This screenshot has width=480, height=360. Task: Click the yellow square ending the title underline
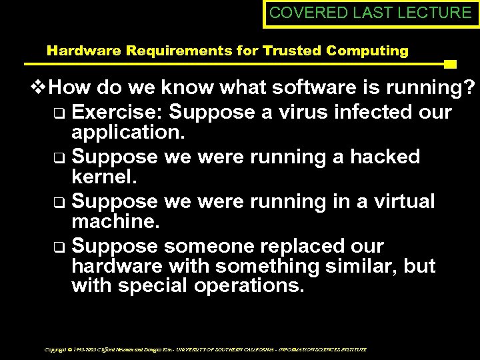(x=450, y=65)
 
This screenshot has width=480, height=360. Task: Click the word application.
(x=128, y=131)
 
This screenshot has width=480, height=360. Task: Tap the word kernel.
(x=103, y=177)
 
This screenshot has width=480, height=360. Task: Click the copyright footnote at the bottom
(x=205, y=349)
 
